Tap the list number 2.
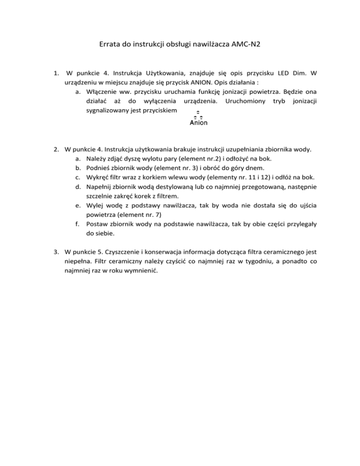tap(56, 150)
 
